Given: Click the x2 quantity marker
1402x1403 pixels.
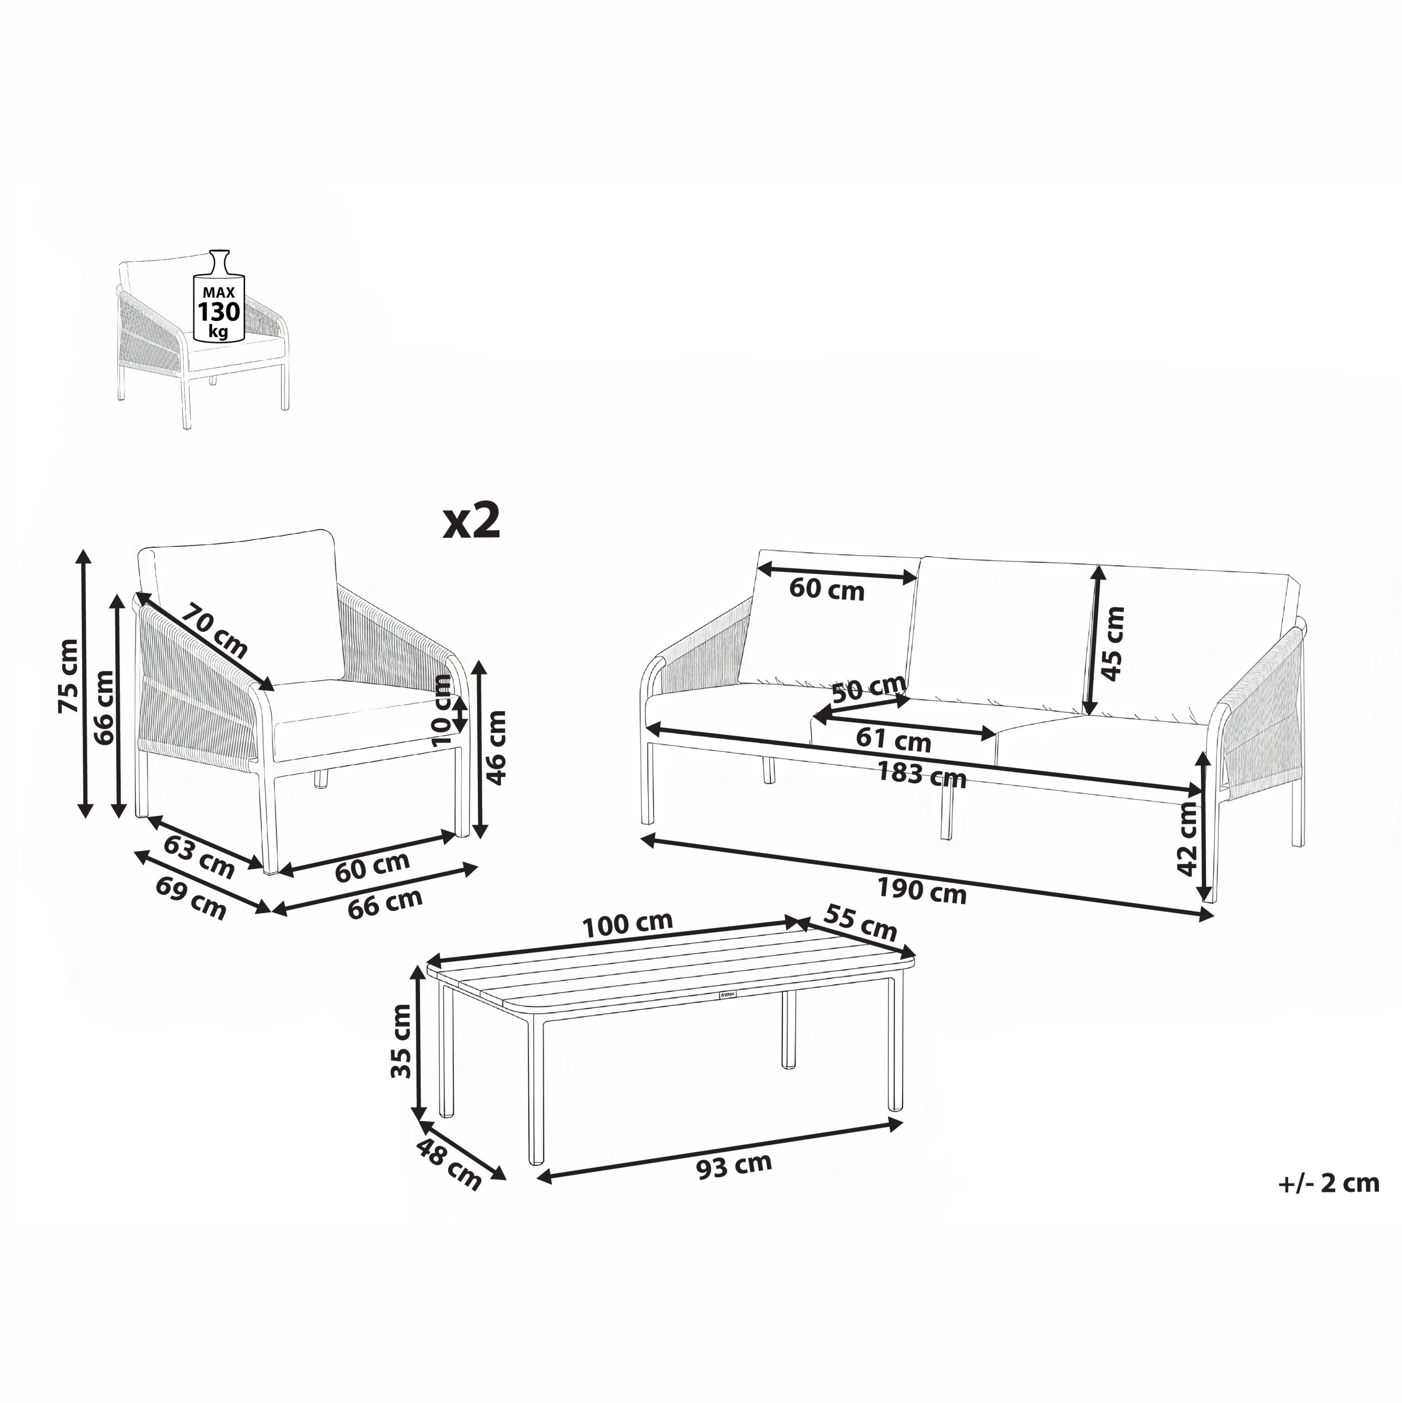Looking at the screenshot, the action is click(x=472, y=522).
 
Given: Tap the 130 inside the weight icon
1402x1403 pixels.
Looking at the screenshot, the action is click(x=219, y=312).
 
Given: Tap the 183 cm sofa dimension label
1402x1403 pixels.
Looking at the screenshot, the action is click(x=922, y=775).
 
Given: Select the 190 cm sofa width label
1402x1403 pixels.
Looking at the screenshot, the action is click(x=922, y=891).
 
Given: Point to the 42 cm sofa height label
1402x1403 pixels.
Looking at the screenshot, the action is click(x=1187, y=840).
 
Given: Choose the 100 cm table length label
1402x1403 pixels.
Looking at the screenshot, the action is click(x=628, y=925).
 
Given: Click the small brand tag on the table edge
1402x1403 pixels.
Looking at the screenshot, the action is click(x=727, y=996).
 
